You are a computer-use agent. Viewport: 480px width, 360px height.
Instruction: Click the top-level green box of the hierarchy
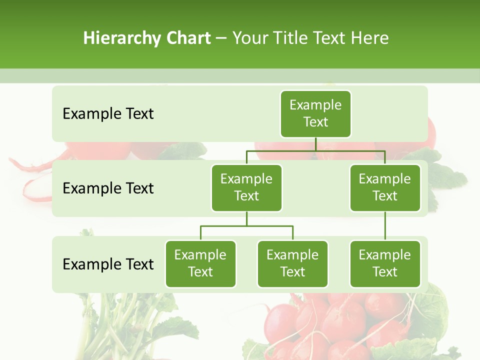point(315,113)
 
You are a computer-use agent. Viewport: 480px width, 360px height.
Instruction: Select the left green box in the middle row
point(246,187)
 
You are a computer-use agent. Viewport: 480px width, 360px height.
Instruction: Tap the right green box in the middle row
point(385,187)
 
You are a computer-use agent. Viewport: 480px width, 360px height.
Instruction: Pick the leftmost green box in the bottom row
point(200,263)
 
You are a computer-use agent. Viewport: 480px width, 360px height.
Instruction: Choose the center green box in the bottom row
point(292,263)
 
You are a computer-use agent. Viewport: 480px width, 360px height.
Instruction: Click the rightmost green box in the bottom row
point(385,263)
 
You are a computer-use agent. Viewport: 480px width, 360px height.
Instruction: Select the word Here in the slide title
point(370,38)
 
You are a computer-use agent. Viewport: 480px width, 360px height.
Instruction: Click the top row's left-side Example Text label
point(108,113)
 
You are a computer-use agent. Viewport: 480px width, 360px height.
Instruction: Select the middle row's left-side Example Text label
point(108,188)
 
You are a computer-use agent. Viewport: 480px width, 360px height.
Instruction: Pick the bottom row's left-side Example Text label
point(108,264)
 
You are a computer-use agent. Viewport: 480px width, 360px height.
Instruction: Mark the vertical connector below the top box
point(315,144)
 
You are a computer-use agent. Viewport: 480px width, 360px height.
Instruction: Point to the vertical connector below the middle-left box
point(246,218)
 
